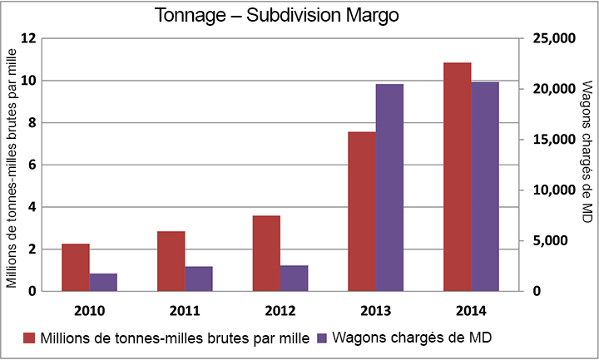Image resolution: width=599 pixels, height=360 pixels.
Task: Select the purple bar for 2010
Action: (x=103, y=282)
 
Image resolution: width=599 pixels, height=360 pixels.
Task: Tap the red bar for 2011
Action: (x=171, y=261)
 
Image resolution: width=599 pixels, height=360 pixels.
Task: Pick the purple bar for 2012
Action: (x=294, y=279)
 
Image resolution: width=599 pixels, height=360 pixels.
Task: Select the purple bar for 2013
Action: (x=389, y=187)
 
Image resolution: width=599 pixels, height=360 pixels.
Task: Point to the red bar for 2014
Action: (x=457, y=177)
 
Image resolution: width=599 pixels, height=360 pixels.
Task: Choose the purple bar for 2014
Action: (x=485, y=186)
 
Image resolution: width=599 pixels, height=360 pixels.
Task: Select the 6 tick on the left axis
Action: (x=32, y=165)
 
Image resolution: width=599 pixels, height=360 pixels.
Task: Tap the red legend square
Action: (x=29, y=338)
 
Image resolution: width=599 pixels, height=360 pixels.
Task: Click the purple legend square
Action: (x=322, y=338)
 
